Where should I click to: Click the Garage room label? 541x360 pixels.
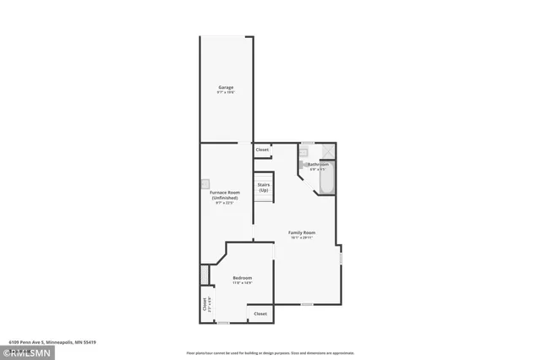pos(226,87)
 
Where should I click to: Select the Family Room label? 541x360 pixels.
pos(301,232)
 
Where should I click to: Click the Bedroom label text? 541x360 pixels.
pos(242,277)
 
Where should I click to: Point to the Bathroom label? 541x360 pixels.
pos(318,164)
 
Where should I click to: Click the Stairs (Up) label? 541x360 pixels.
pos(264,187)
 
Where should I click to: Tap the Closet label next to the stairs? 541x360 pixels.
pos(262,150)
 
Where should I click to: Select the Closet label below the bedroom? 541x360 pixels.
pos(260,314)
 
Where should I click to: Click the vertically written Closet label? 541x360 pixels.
pos(204,303)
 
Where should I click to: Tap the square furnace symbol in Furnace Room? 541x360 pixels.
pos(205,183)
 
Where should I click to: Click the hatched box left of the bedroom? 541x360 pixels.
pos(204,275)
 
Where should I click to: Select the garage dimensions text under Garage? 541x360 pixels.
pos(226,93)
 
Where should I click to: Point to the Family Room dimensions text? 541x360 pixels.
pos(301,238)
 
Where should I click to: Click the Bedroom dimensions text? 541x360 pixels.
pos(242,283)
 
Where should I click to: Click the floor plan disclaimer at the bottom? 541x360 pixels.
pos(270,353)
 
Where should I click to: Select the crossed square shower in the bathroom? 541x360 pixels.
pos(329,152)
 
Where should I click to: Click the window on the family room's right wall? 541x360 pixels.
pos(341,256)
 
